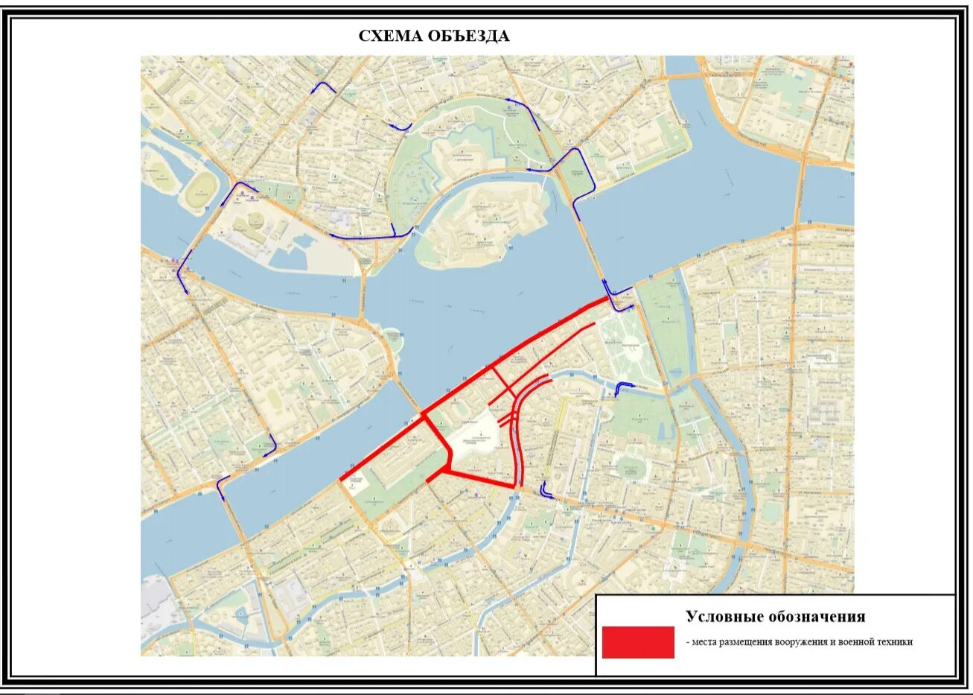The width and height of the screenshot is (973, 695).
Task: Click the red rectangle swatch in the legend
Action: tap(638, 642)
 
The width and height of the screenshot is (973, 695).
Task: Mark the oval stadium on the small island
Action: tap(199, 191)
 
